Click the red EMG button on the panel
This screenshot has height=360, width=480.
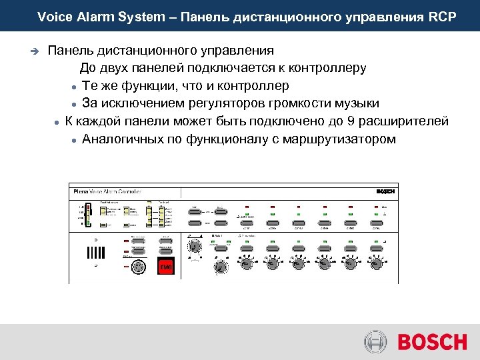click(x=165, y=266)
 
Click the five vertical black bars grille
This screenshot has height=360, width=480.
click(x=96, y=253)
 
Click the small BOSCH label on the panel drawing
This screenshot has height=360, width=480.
click(x=385, y=191)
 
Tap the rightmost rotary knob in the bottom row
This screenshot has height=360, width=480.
click(x=377, y=263)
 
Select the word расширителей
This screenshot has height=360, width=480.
click(x=412, y=121)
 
